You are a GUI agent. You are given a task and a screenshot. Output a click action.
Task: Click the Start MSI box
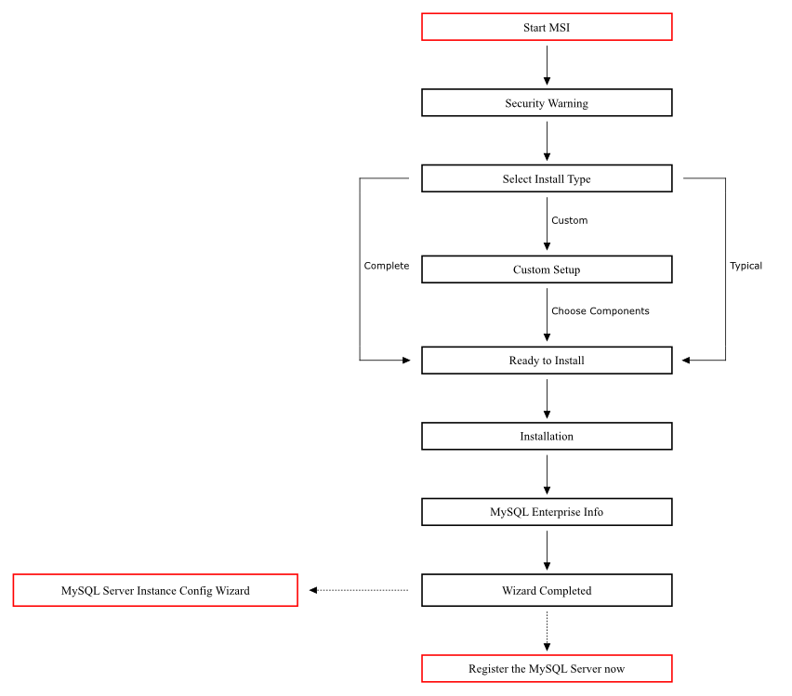coord(547,27)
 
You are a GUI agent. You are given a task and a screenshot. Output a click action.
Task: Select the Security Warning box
coord(547,103)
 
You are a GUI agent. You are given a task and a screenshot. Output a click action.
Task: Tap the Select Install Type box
coord(547,178)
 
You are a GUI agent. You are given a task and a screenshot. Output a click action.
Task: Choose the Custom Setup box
coord(547,269)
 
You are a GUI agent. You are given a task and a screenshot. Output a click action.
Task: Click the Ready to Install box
coord(547,361)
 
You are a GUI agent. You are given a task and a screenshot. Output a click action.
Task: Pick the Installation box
coord(547,436)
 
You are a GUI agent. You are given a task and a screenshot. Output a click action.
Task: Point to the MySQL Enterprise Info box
coord(547,512)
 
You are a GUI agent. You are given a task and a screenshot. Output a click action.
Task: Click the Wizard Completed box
coord(547,590)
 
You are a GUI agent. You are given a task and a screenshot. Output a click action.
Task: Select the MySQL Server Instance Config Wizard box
coord(155,590)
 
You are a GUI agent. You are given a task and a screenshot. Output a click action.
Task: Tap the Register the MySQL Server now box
coord(547,669)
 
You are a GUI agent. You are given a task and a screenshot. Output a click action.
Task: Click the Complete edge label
coord(386,266)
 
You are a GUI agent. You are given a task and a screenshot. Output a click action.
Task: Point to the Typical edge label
coord(746,266)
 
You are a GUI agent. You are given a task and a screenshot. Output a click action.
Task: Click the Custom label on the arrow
coord(569,221)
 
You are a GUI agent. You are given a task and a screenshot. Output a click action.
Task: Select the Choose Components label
coord(600,311)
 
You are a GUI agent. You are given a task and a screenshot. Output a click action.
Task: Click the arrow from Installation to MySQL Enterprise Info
coord(547,474)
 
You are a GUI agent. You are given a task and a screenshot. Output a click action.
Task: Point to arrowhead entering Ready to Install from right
coord(687,360)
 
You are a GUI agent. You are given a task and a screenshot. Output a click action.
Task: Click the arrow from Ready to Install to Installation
coord(547,398)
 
